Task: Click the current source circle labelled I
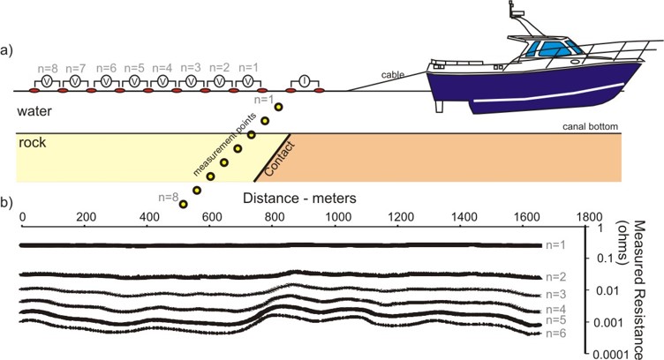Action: tap(304, 81)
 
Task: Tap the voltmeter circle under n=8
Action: tap(48, 81)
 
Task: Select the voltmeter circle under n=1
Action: tap(249, 81)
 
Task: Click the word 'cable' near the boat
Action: tap(393, 75)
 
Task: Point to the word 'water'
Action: tap(34, 111)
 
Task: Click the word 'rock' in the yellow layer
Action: tap(32, 143)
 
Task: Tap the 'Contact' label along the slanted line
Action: tap(280, 160)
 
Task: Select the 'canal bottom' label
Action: tap(590, 126)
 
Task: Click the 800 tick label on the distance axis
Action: tap(275, 217)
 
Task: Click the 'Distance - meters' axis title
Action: tap(299, 198)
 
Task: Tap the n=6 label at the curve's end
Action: tap(555, 333)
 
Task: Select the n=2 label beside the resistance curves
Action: tap(555, 277)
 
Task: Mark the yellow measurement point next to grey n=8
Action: tap(183, 205)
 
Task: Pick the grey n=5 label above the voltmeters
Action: tap(134, 68)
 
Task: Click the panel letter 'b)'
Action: tap(6, 203)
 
